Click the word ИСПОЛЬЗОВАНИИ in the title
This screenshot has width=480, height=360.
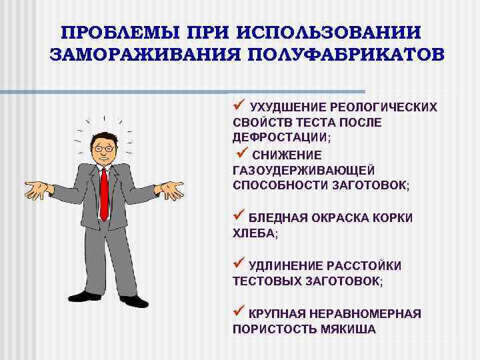(x=331, y=33)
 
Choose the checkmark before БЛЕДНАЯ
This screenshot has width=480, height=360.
(x=239, y=216)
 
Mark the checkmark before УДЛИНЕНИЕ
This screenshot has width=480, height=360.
(x=239, y=264)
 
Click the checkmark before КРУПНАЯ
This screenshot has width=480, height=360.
(x=239, y=312)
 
